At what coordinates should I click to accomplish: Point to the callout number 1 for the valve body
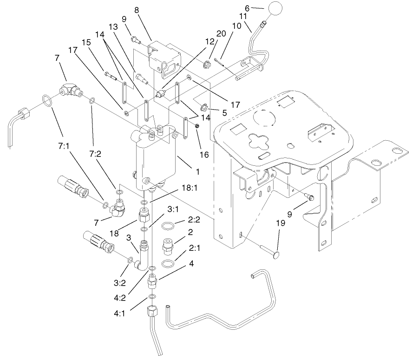click(197, 172)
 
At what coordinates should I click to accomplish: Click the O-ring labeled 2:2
click(170, 227)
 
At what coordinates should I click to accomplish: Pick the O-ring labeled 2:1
click(169, 264)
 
